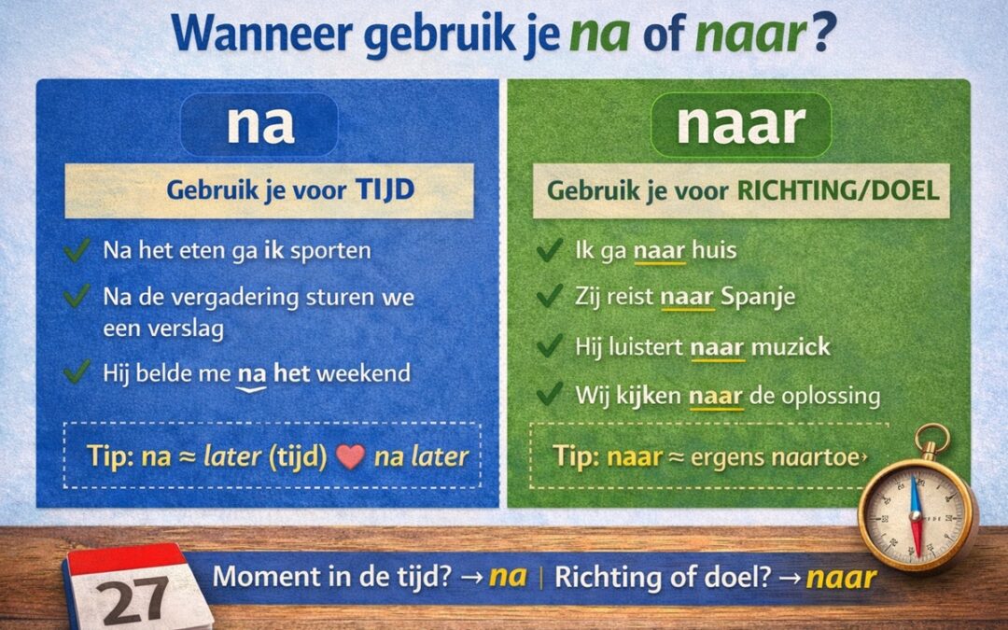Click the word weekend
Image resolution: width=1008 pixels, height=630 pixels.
pos(364,373)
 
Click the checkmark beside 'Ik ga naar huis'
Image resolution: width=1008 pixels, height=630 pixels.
pos(549,250)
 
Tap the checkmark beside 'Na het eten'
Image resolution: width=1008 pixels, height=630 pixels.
pos(77,250)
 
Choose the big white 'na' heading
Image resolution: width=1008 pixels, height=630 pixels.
pos(259,125)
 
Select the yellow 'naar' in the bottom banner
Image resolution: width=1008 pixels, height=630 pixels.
pos(841,577)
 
